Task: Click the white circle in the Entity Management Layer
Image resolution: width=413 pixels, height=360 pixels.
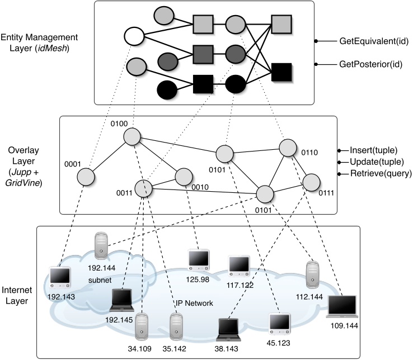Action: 133,38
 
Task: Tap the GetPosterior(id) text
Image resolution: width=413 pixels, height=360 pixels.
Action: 368,65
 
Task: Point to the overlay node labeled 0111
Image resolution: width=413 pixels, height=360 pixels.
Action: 311,182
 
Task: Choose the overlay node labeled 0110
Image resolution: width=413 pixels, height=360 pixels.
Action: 288,148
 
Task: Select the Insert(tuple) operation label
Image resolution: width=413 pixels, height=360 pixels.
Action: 375,151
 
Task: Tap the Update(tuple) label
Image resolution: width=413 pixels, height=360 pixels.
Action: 377,162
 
